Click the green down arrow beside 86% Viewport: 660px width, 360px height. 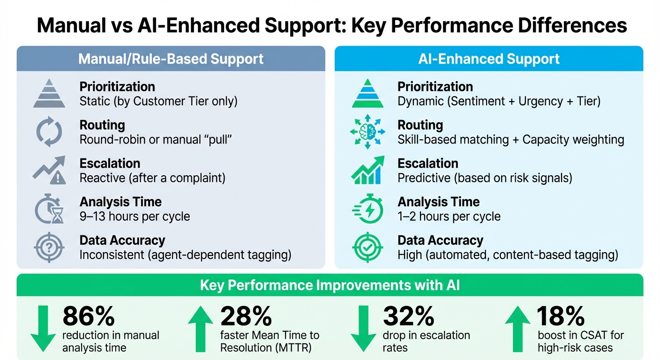click(43, 328)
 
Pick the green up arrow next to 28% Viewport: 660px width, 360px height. click(201, 328)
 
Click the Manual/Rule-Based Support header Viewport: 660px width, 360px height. click(171, 59)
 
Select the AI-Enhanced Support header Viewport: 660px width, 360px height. click(489, 59)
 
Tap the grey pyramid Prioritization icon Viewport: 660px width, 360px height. click(49, 93)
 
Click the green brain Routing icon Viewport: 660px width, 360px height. click(367, 132)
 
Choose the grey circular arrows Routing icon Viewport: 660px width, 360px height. click(49, 132)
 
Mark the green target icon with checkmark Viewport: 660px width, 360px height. click(367, 247)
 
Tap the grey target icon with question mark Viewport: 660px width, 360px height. click(49, 247)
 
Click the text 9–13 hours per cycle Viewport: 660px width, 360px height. click(135, 217)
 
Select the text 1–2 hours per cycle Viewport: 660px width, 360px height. click(449, 217)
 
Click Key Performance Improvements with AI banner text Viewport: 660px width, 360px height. click(330, 285)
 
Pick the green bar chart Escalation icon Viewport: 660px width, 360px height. click(367, 170)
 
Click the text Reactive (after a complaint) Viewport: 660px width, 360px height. click(152, 178)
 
